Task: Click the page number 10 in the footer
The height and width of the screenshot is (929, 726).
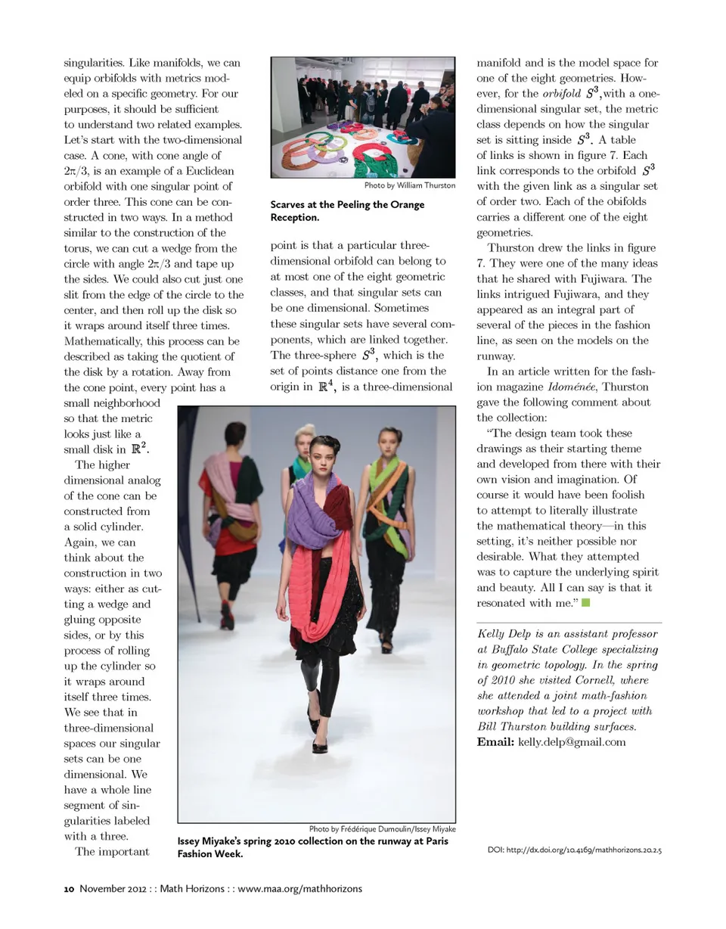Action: pyautogui.click(x=68, y=888)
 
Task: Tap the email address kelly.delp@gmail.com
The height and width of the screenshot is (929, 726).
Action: pyautogui.click(x=572, y=741)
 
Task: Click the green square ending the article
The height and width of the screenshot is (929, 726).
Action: pyautogui.click(x=585, y=603)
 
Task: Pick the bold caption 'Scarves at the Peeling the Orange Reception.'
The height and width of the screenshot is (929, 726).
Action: pyautogui.click(x=347, y=211)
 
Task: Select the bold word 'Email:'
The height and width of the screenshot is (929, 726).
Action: pyautogui.click(x=495, y=741)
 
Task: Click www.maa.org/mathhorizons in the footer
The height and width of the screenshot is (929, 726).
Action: pyautogui.click(x=300, y=888)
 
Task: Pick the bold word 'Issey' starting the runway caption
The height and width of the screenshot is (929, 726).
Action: pyautogui.click(x=192, y=841)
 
